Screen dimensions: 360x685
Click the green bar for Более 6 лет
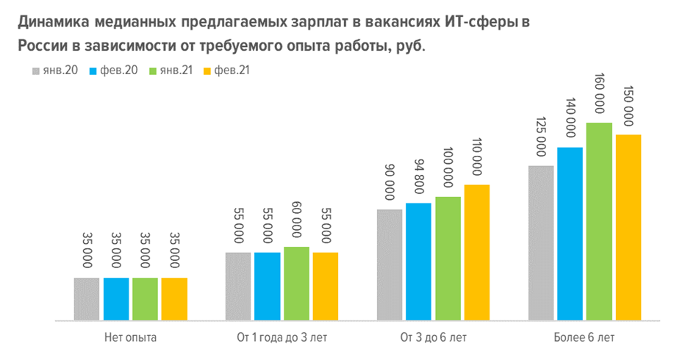[x=599, y=221]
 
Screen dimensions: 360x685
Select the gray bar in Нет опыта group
[x=87, y=299]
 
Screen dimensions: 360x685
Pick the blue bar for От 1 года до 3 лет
[x=267, y=287]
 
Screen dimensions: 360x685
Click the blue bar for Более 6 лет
[x=570, y=234]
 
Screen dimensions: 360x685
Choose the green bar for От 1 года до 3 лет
[x=296, y=284]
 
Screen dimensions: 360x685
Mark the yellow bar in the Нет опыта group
[x=174, y=299]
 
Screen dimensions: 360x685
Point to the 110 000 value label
[x=477, y=157]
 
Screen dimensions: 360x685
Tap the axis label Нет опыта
[x=131, y=338]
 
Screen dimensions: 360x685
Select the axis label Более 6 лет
[x=584, y=338]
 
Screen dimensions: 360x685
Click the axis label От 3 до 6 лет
[x=433, y=338]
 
